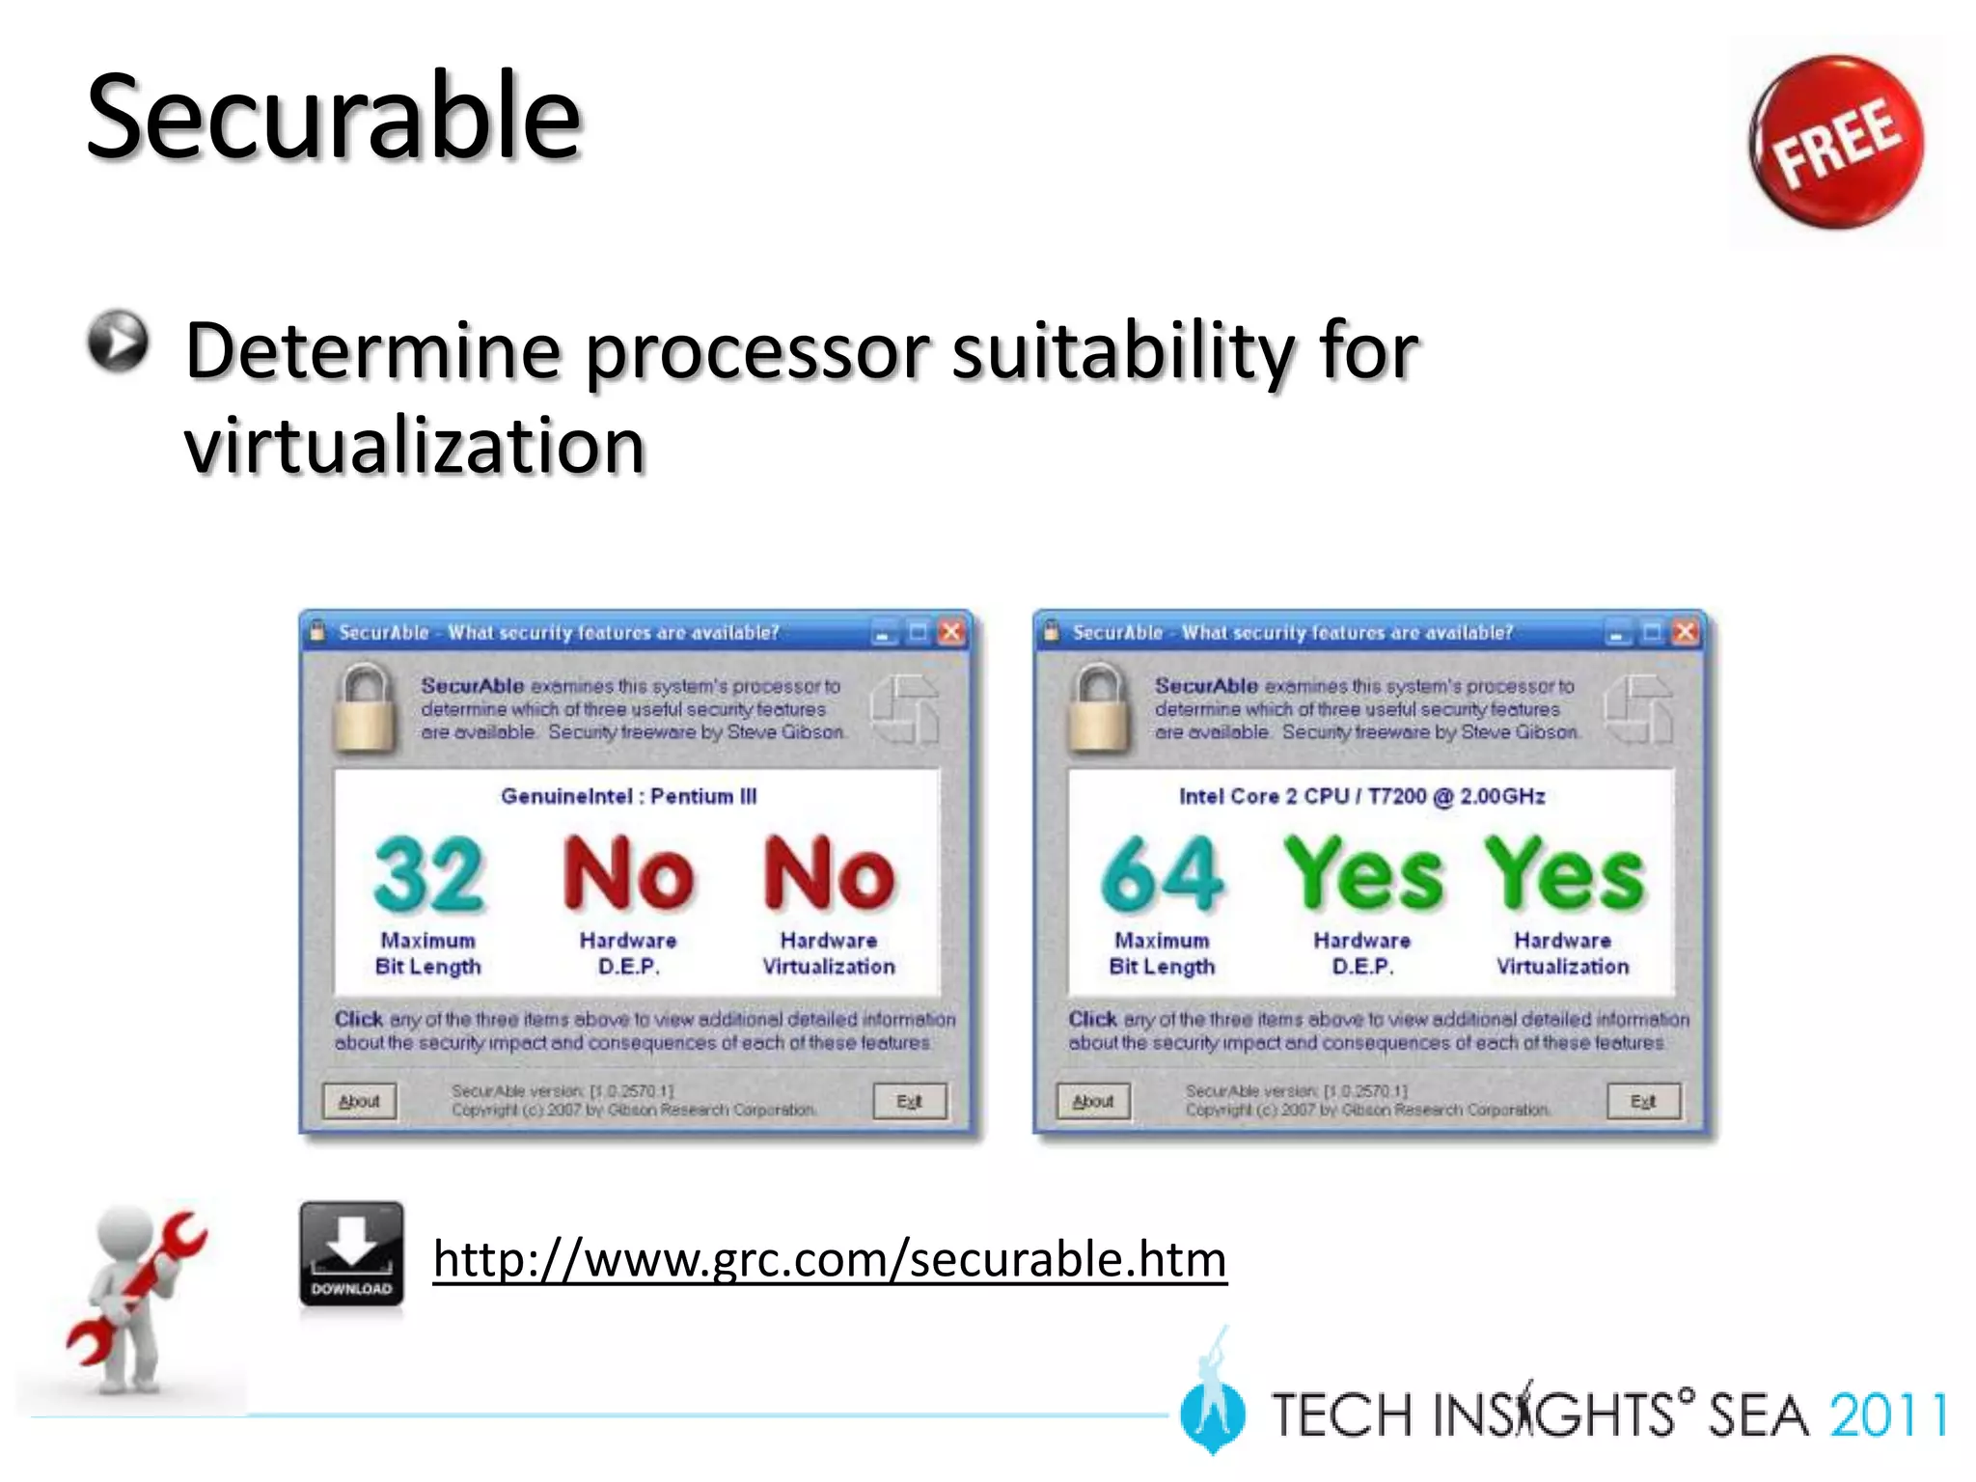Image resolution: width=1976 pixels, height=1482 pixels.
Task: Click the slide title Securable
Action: [x=333, y=118]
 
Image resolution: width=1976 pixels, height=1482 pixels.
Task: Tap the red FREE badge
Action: [x=1835, y=143]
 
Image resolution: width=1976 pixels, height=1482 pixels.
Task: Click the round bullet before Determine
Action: [x=118, y=341]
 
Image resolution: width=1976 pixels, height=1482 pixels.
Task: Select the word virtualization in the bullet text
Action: [x=414, y=446]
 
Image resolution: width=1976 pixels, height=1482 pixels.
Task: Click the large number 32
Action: [x=428, y=874]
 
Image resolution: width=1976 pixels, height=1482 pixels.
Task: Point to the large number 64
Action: [x=1162, y=874]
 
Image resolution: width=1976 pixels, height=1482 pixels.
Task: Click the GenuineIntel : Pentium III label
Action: [x=628, y=796]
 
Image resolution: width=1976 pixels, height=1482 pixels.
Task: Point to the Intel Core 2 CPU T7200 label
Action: [x=1361, y=796]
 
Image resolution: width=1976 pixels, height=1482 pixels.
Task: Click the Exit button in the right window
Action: [x=1643, y=1101]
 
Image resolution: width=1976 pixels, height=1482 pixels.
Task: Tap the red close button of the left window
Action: [x=951, y=632]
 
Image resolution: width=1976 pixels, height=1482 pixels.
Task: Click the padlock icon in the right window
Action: [x=1098, y=706]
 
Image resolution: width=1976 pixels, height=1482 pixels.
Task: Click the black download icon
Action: [x=351, y=1253]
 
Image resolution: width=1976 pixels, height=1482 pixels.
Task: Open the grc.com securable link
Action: [x=830, y=1259]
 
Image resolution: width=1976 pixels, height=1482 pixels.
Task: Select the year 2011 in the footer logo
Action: [x=1887, y=1415]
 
